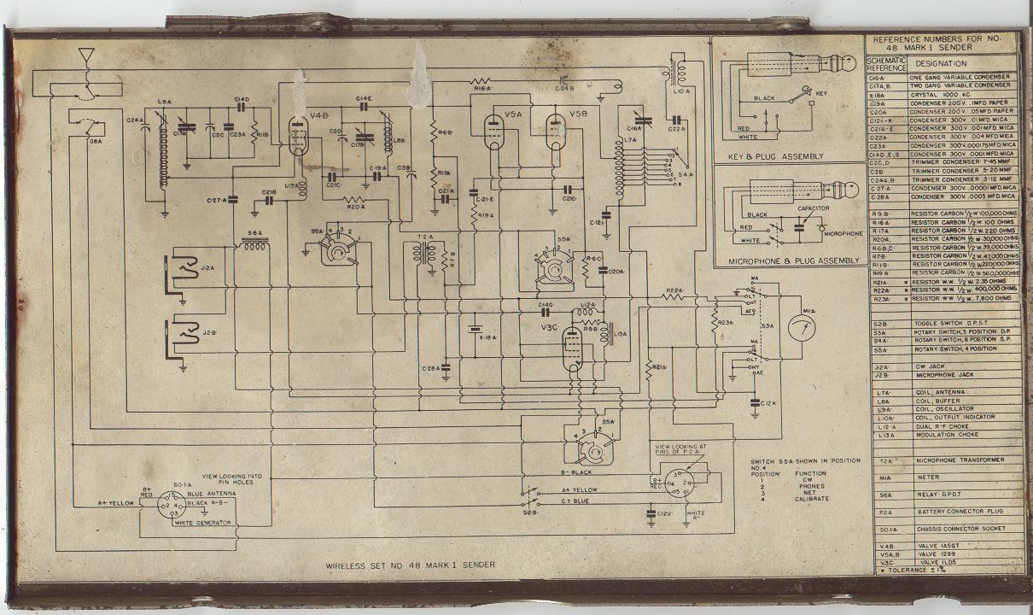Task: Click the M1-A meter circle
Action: [x=800, y=327]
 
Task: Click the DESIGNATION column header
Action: [x=942, y=63]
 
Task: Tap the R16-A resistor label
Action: [x=481, y=88]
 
